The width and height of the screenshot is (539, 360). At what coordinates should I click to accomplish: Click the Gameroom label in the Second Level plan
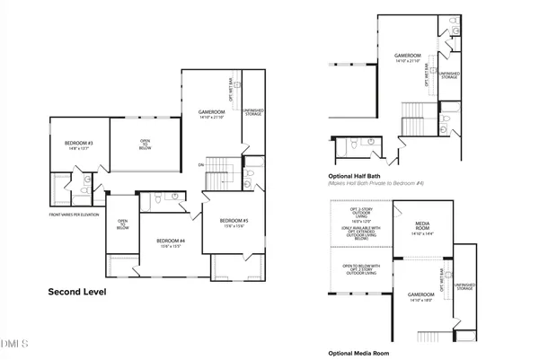pos(216,114)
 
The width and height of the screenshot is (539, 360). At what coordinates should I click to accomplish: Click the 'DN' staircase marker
pos(202,166)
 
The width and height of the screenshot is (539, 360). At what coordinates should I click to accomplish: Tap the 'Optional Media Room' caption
pos(359,353)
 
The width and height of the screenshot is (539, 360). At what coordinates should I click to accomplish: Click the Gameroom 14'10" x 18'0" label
pos(421,298)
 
